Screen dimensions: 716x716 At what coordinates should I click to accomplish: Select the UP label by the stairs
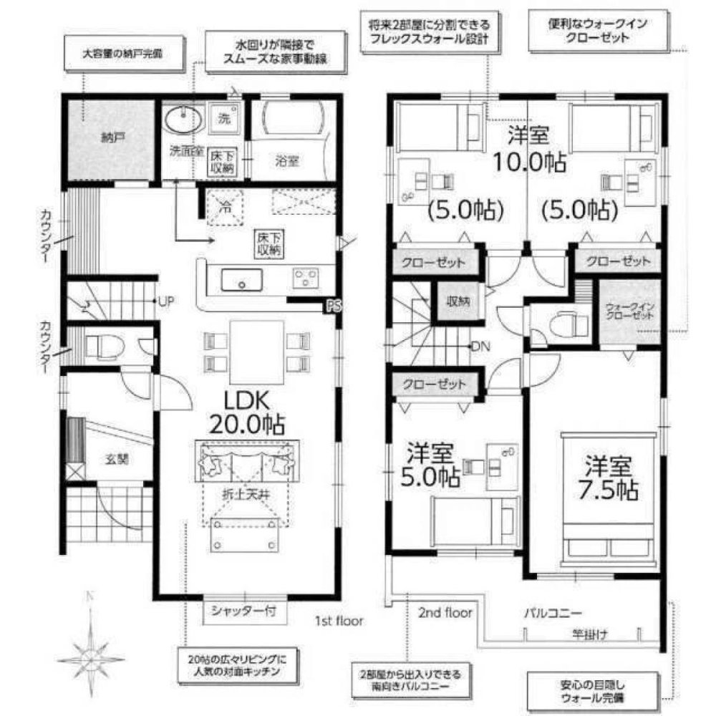point(165,301)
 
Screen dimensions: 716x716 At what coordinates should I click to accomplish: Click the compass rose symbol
point(90,654)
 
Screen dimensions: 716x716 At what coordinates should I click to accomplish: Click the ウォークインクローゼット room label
point(627,310)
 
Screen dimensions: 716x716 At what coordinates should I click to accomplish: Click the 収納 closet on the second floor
point(458,301)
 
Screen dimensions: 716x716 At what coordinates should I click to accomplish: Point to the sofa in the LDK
point(246,462)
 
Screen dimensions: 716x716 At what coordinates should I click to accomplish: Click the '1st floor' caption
point(339,620)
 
